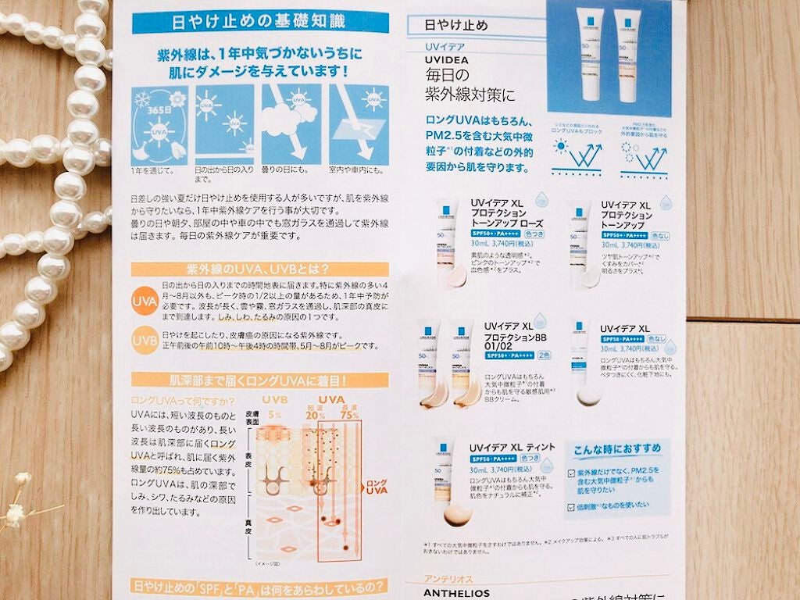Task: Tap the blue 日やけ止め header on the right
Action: (455, 25)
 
